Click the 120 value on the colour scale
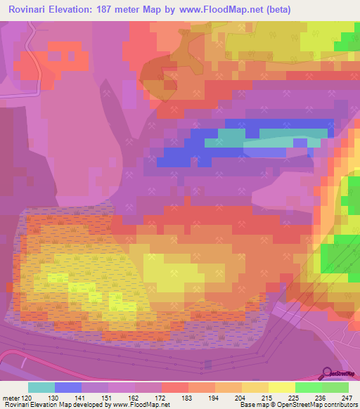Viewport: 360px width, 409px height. click(x=27, y=397)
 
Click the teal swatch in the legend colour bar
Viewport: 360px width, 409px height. click(x=41, y=387)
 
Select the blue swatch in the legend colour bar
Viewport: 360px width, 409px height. click(x=68, y=387)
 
